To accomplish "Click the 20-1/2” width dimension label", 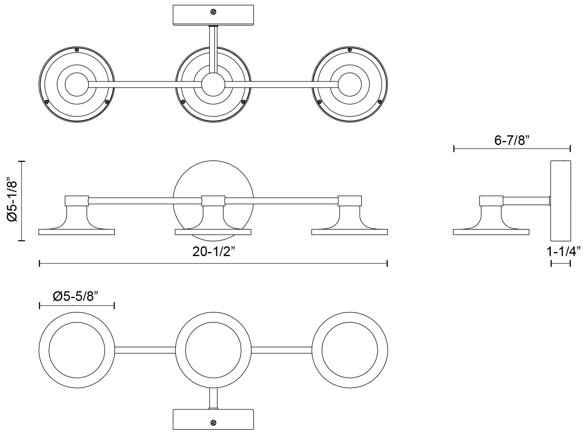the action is click(213, 252).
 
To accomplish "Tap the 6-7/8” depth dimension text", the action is click(511, 141).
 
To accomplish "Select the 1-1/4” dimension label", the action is click(564, 252).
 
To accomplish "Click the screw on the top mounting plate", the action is click(213, 12).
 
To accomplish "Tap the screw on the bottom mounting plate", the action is click(213, 423).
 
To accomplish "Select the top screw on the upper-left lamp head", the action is click(77, 50).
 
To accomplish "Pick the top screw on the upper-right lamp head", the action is click(350, 50).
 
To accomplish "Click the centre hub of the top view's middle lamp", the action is click(213, 85).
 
